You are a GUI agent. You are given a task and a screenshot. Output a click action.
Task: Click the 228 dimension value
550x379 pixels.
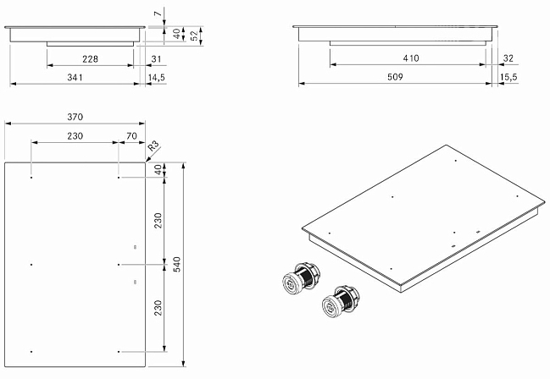[90, 59]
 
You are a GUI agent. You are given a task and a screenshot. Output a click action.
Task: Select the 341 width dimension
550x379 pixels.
[75, 77]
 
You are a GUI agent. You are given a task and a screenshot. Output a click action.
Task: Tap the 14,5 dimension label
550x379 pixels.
[157, 78]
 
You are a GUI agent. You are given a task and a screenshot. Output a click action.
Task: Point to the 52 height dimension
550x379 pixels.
[194, 36]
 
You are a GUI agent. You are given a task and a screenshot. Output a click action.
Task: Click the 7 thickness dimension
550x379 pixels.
[158, 14]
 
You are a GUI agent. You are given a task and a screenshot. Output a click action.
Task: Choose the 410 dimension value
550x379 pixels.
[411, 58]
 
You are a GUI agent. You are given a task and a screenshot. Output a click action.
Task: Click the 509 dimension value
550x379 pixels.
[395, 77]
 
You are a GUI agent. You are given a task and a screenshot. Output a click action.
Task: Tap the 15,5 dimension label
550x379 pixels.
[508, 77]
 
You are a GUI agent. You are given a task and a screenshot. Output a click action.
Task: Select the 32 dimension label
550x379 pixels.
[508, 58]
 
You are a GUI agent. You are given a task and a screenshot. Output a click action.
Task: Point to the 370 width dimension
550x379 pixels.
[75, 117]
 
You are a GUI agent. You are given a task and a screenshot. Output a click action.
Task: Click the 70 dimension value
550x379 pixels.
[131, 136]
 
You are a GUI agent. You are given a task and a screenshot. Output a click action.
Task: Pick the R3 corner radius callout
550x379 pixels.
[153, 146]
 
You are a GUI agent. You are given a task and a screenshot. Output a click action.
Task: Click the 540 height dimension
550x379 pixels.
[177, 264]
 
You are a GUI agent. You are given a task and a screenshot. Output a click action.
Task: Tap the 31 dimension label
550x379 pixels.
[156, 59]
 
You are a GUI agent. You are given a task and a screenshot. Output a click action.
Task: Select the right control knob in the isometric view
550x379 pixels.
[341, 301]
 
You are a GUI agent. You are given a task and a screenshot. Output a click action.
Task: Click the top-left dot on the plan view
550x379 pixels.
[31, 178]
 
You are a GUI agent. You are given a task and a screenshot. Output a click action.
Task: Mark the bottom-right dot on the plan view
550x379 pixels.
[119, 351]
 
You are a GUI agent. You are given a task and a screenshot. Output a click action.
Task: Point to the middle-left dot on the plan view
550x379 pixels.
[31, 265]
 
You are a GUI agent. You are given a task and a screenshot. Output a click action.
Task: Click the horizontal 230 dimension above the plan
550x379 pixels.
[75, 136]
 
